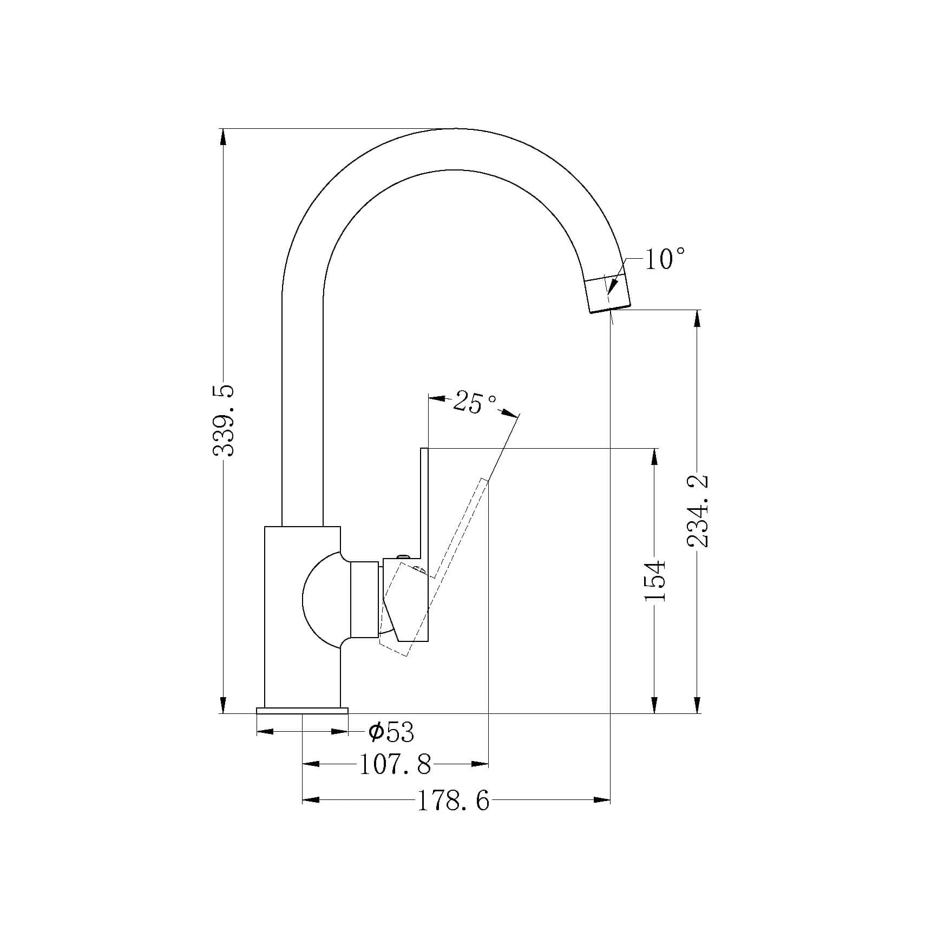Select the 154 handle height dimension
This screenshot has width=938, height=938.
tap(655, 580)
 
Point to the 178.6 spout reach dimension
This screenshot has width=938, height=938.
tap(453, 816)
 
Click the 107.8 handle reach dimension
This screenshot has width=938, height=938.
tap(396, 765)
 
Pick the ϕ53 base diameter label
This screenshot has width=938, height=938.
tap(391, 733)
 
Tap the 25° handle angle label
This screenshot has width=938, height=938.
tap(475, 403)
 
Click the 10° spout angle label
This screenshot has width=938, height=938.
tap(665, 259)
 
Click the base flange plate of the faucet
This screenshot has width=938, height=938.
tap(302, 710)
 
